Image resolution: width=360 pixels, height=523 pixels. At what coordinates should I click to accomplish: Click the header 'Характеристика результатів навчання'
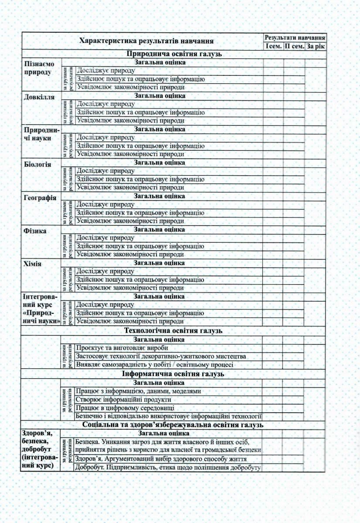tap(146, 41)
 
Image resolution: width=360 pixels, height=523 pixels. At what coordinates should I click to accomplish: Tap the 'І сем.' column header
tap(273, 46)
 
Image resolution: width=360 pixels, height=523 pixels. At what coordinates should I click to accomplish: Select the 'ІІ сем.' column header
tap(294, 46)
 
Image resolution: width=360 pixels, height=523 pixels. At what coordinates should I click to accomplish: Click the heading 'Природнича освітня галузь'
tap(174, 54)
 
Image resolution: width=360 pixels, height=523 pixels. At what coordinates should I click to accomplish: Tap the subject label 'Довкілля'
tap(39, 96)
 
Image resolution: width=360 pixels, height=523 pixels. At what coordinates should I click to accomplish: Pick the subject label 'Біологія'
tap(37, 165)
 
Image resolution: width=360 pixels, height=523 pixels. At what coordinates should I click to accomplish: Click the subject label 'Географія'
tap(40, 198)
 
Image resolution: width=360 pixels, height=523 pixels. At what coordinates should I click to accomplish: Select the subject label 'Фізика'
tap(35, 231)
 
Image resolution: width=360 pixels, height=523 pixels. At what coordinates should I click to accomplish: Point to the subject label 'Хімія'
tap(33, 264)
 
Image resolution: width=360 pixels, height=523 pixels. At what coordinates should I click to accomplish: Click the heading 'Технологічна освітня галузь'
tap(174, 331)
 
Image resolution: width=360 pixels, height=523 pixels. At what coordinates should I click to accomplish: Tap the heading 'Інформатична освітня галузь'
tap(174, 374)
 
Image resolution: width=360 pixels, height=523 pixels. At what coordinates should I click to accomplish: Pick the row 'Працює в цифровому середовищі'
tap(125, 408)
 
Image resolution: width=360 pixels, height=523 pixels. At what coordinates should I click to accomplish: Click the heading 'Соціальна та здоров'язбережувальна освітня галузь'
tap(174, 425)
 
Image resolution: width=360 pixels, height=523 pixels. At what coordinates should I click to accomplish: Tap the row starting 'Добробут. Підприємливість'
tap(168, 468)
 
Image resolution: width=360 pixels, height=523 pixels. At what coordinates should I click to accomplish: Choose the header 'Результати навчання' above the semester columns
tap(295, 37)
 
